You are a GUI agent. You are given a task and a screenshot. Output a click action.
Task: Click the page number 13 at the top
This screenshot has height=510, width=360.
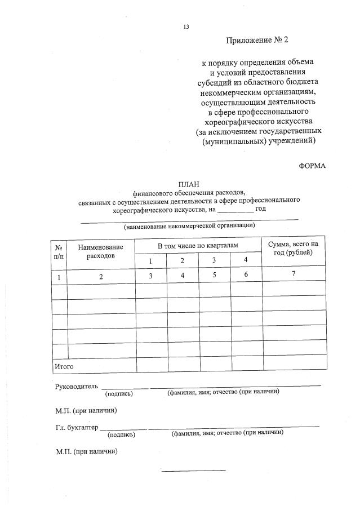tap(186, 26)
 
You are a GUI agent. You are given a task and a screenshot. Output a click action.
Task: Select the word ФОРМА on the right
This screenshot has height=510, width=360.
tap(312, 165)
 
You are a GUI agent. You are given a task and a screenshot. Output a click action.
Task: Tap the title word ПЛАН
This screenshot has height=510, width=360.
tap(189, 184)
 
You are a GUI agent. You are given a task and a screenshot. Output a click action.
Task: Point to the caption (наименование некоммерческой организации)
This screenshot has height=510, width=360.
tap(190, 225)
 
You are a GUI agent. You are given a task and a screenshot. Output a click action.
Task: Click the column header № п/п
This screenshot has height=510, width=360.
tap(59, 251)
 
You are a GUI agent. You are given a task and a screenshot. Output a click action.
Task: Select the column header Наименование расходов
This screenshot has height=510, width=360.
tap(101, 251)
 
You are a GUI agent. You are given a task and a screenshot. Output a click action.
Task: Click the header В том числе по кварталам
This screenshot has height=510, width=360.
tap(198, 246)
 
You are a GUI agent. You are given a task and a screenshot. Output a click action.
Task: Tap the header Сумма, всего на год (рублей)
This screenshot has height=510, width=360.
tap(294, 248)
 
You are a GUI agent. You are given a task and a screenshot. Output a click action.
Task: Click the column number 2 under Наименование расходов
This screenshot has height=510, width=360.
tap(101, 277)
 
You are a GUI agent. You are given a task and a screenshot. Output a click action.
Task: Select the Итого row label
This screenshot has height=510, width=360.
tap(64, 366)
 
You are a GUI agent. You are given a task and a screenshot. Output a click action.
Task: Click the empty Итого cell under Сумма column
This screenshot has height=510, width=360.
tap(294, 365)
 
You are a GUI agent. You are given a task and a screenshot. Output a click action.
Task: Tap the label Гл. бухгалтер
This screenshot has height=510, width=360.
tap(77, 427)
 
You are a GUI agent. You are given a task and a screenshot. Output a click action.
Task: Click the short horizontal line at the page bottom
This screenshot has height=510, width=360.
tap(193, 470)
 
